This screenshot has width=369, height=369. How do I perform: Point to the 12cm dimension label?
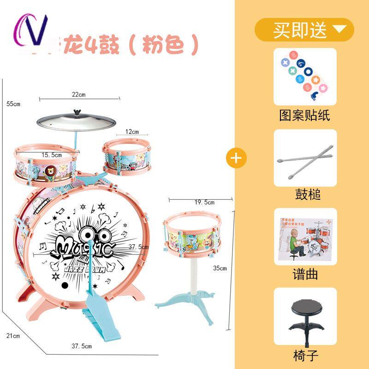point(132,132)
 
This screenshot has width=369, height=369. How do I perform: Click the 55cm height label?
point(14,104)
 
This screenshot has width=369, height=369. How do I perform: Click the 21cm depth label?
point(14,336)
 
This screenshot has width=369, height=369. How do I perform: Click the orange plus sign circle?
point(236,158)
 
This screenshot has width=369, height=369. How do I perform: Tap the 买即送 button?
point(304,30)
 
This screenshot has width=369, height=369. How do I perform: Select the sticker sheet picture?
point(305,76)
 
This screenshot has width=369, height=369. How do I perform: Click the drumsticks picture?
point(305,158)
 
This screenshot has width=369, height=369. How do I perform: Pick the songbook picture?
point(305,237)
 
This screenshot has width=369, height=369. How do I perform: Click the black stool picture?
point(305,316)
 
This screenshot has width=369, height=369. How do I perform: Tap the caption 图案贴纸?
point(305,115)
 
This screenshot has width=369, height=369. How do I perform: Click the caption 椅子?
point(305,355)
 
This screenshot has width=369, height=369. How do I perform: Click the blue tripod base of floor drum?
point(180,300)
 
